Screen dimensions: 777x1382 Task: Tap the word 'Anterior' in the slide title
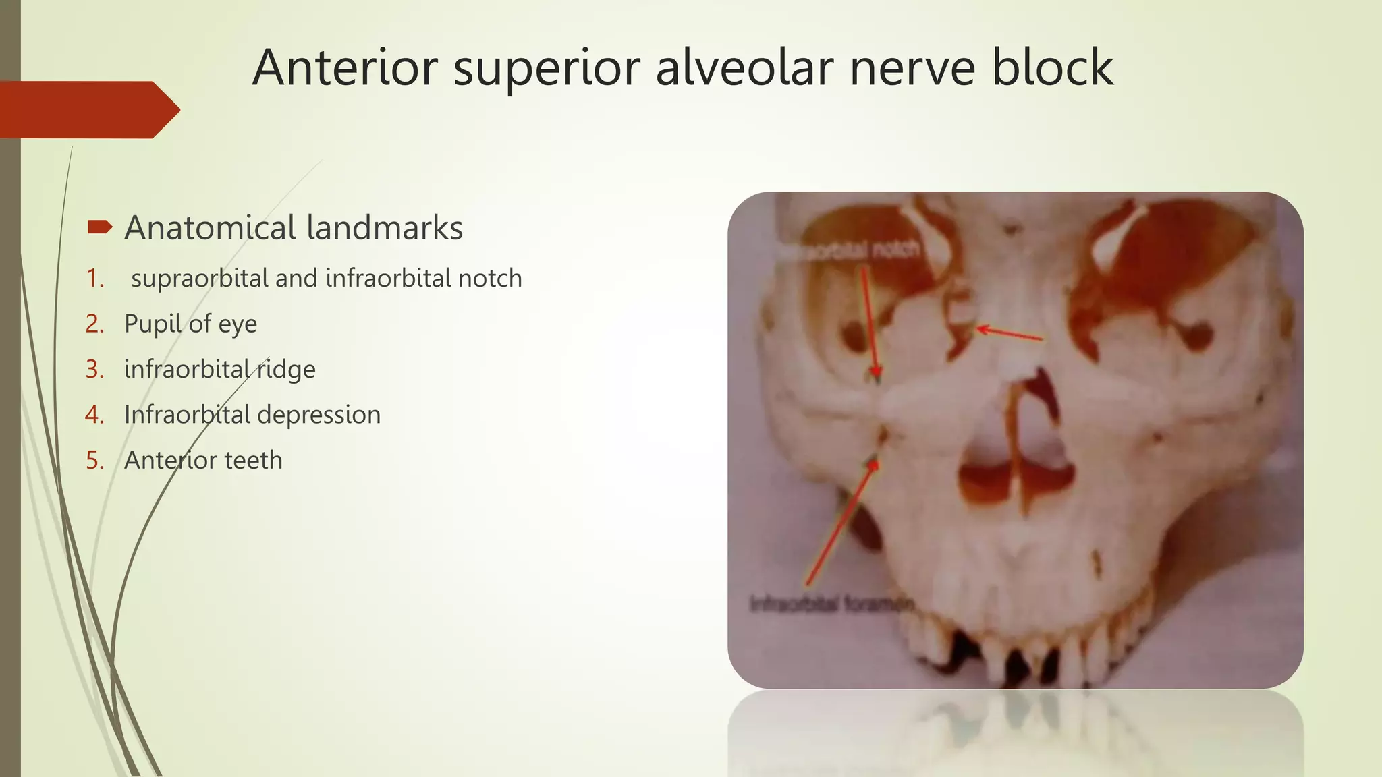[345, 67]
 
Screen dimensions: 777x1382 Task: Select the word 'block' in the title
[1052, 67]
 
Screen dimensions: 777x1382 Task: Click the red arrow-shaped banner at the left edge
[88, 110]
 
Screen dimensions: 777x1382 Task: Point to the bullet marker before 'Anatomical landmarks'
[99, 227]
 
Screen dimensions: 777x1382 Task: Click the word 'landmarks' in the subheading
[385, 228]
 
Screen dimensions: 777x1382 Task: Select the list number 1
[94, 279]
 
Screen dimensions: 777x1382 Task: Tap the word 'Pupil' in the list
[153, 324]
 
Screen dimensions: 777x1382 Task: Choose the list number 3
[94, 370]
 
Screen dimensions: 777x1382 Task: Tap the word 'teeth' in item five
[253, 461]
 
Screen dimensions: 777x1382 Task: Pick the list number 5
[94, 461]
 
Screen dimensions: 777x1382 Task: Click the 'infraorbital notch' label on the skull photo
[852, 251]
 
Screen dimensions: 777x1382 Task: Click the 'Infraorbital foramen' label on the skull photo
[831, 604]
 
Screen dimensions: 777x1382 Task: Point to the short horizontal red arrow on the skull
[1010, 333]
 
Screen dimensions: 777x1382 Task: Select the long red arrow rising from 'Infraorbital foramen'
[840, 523]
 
